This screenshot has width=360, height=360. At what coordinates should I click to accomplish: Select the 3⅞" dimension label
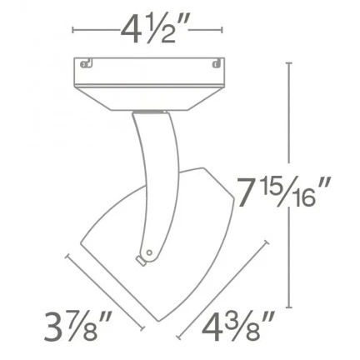pyautogui.click(x=78, y=327)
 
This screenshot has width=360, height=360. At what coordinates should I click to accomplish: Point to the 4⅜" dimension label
pyautogui.click(x=238, y=326)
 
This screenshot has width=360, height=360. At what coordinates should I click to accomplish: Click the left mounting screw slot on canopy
pyautogui.click(x=86, y=63)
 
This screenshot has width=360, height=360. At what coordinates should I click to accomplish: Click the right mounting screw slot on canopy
pyautogui.click(x=217, y=63)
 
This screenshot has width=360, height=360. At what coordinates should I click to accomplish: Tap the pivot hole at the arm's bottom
pyautogui.click(x=149, y=252)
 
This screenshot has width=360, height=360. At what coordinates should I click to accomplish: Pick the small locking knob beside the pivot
pyautogui.click(x=141, y=260)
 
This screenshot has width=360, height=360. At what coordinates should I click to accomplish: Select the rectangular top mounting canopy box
pyautogui.click(x=149, y=71)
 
